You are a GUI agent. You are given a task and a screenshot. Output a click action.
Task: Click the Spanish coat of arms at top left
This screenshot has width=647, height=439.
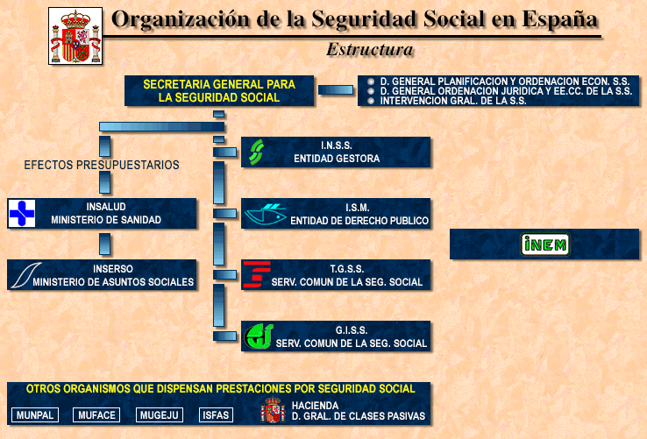pos(75,36)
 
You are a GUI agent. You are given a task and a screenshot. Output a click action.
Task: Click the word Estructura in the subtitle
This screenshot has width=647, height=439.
pos(370,50)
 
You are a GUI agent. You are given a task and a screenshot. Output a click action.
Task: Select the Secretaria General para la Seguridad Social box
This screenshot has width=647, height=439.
pos(219,91)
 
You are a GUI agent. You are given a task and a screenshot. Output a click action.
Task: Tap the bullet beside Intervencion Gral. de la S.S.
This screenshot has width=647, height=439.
pos(371,101)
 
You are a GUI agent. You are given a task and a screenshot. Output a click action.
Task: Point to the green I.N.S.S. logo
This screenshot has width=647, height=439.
pos(257,152)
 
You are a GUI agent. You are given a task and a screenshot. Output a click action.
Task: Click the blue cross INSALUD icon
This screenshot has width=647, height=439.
pos(22,213)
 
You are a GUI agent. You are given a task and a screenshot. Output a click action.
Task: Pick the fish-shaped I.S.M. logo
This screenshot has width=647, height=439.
pos(266,214)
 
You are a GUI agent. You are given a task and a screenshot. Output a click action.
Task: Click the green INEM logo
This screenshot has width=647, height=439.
pos(545,244)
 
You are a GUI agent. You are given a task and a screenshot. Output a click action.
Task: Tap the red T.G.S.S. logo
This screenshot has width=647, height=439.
pos(257,274)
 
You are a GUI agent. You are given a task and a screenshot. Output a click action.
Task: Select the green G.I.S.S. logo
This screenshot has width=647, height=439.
pos(259,336)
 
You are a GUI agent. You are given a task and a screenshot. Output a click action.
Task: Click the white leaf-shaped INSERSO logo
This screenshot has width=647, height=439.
pos(26,275)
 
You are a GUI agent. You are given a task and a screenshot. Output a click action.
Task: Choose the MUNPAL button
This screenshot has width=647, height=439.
pos(35,415)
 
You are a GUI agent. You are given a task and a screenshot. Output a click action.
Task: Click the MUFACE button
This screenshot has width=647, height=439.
pos(96,415)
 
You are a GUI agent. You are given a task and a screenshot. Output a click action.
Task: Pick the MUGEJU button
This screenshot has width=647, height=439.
pos(160,415)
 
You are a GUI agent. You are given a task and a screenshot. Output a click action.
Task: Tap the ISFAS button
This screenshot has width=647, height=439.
pos(216,415)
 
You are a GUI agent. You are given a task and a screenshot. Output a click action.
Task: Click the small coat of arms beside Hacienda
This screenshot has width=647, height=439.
pos(273,410)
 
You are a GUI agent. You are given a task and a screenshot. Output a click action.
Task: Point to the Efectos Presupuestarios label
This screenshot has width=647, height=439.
pos(102,165)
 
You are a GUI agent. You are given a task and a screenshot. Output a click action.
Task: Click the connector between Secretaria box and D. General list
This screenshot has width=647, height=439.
pos(336,90)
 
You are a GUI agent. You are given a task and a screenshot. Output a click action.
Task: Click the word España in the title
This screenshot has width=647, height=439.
pos(559,20)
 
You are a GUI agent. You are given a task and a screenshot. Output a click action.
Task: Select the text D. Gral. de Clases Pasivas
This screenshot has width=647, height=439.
pos(359,416)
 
